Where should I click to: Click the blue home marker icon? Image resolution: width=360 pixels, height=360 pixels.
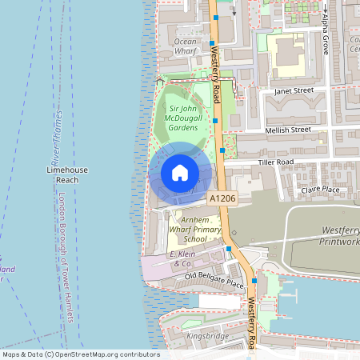click(180, 172)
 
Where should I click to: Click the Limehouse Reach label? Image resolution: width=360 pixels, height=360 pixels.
click(67, 175)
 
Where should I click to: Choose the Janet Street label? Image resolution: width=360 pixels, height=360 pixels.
click(293, 91)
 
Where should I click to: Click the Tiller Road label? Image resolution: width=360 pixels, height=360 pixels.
click(276, 162)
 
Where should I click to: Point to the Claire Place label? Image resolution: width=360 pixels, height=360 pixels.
click(320, 190)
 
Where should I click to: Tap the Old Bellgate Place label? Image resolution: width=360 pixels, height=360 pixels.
click(214, 279)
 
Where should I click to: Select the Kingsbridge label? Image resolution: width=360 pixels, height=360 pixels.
click(207, 337)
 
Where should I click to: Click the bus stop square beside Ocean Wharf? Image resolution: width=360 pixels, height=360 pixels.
click(212, 43)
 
